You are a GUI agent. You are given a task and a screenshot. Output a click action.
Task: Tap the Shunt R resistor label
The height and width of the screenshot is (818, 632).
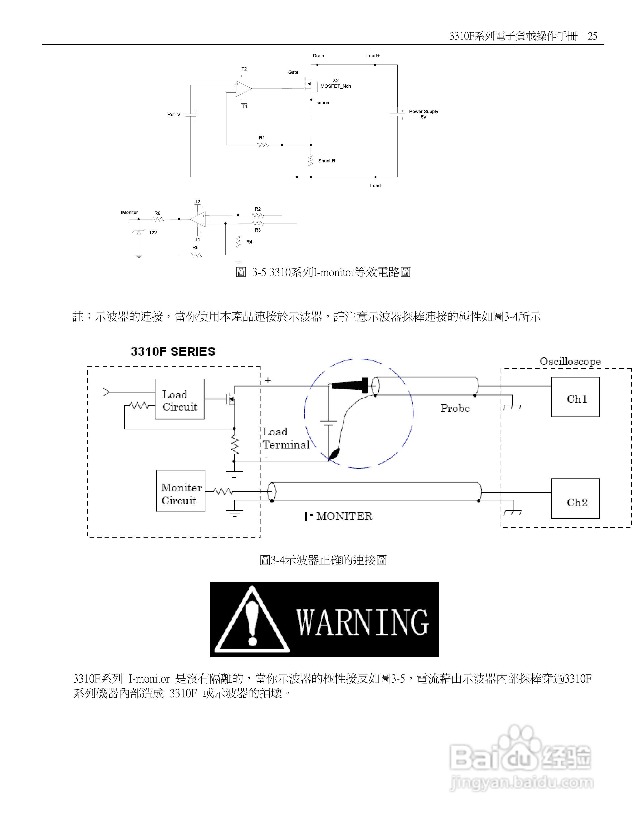327,161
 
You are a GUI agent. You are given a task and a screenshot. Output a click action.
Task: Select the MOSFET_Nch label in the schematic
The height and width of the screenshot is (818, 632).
335,86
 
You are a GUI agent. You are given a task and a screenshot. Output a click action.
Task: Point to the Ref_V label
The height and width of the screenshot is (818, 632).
174,115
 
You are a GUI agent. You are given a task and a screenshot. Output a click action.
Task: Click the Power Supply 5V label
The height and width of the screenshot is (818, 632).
423,114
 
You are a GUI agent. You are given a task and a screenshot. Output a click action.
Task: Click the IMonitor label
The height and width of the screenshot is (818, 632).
129,212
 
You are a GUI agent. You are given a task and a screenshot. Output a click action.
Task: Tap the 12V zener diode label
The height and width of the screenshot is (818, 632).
153,233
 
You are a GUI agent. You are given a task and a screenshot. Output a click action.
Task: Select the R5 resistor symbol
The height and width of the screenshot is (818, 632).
196,255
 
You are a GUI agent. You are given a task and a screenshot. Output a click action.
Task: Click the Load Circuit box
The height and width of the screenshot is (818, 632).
180,399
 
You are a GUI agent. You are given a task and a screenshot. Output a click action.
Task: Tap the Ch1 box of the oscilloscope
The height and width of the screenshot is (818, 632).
575,397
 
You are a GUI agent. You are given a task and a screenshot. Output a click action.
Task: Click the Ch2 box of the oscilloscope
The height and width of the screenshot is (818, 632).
575,499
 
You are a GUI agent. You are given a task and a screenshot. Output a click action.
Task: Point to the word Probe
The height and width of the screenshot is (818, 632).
455,408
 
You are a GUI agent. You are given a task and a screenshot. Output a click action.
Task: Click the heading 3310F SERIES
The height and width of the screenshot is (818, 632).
173,352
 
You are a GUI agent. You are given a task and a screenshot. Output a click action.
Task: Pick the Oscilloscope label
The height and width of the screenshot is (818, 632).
570,361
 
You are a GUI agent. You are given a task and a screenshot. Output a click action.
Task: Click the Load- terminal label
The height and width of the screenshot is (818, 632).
376,186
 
